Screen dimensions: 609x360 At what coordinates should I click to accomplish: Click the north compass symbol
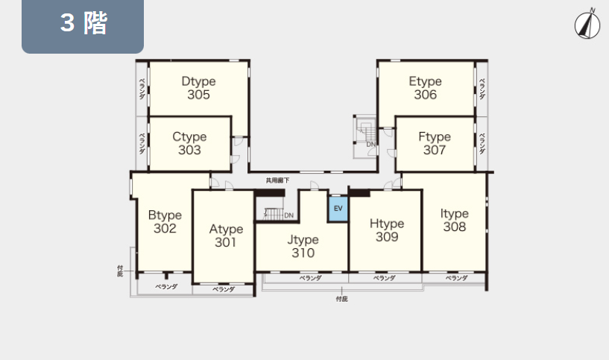tap(587, 24)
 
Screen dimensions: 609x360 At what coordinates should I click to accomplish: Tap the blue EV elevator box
tap(338, 209)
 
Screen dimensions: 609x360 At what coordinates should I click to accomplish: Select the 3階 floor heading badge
tap(83, 25)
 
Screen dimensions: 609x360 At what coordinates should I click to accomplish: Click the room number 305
tap(198, 95)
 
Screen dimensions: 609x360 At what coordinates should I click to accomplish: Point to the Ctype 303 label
tap(189, 143)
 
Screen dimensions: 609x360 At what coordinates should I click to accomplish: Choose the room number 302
tap(165, 228)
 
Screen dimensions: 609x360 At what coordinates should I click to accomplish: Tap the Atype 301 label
tap(226, 236)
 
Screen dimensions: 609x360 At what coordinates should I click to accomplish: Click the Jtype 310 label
tap(303, 246)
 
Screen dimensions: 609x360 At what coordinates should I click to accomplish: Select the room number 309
tap(387, 236)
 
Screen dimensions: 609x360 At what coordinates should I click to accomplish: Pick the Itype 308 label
tap(455, 220)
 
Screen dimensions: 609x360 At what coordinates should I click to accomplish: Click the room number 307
tap(435, 150)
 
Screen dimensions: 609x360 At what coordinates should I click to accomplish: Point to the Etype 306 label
tap(426, 88)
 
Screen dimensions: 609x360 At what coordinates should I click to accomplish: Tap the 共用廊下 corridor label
tap(277, 180)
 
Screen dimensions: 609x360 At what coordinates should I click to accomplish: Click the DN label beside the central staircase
tap(288, 215)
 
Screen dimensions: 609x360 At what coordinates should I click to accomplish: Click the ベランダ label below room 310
tap(310, 278)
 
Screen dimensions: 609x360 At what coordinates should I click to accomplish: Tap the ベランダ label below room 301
tap(224, 289)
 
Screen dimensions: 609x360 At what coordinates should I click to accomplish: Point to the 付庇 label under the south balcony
tap(342, 299)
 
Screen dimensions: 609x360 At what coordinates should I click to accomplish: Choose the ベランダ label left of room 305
tap(142, 89)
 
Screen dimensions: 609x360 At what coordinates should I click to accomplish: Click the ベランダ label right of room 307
tap(482, 144)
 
